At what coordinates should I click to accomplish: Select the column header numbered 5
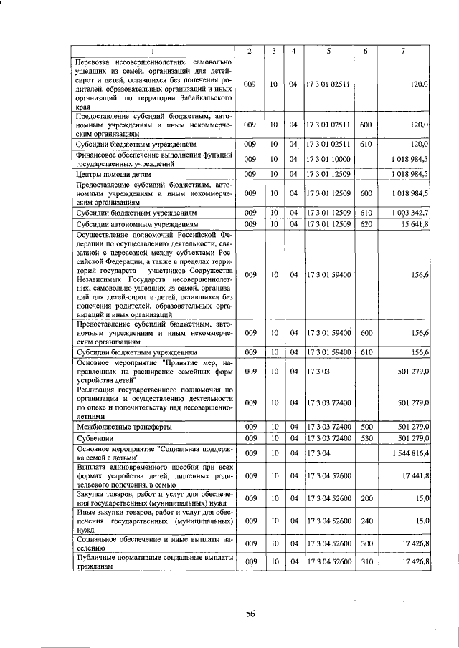(328, 51)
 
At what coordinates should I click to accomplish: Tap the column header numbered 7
(404, 51)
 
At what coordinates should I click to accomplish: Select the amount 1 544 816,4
(408, 454)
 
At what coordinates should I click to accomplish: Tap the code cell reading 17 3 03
(316, 371)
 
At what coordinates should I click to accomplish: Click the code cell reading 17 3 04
(316, 454)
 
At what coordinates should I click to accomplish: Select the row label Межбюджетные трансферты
(122, 427)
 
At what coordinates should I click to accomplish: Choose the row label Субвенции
(95, 437)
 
